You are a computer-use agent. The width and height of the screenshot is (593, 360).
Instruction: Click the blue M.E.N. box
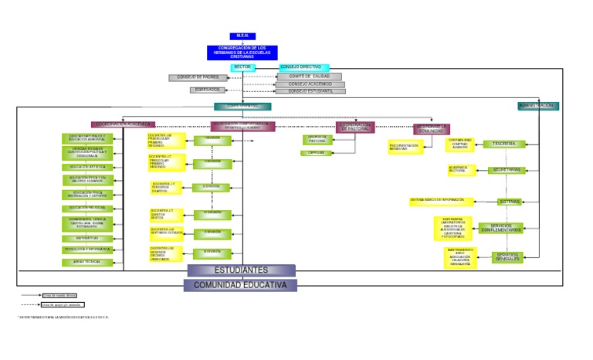click(242, 36)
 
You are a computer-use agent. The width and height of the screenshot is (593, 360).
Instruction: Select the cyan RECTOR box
click(242, 67)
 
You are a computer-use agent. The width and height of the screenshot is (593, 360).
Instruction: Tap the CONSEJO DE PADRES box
click(198, 77)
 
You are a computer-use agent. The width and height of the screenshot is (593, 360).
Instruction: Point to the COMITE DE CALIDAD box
click(310, 76)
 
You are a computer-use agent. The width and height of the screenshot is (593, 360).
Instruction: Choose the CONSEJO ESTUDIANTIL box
click(310, 91)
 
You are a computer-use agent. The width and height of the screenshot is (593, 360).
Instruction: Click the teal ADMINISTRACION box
click(538, 106)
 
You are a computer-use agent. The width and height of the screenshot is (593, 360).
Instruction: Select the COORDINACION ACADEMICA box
click(124, 124)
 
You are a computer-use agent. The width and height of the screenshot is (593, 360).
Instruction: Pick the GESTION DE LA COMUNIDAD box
click(432, 128)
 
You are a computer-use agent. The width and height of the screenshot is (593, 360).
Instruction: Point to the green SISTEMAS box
click(510, 202)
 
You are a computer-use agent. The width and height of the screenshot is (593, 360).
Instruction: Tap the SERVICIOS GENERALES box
click(508, 256)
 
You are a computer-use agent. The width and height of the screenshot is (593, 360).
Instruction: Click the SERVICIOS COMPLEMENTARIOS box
click(500, 228)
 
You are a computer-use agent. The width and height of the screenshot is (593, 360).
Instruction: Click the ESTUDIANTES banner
click(241, 270)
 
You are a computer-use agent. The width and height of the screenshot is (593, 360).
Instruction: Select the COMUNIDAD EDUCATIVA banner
click(239, 285)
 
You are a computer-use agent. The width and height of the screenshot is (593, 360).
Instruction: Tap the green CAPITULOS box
click(317, 153)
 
